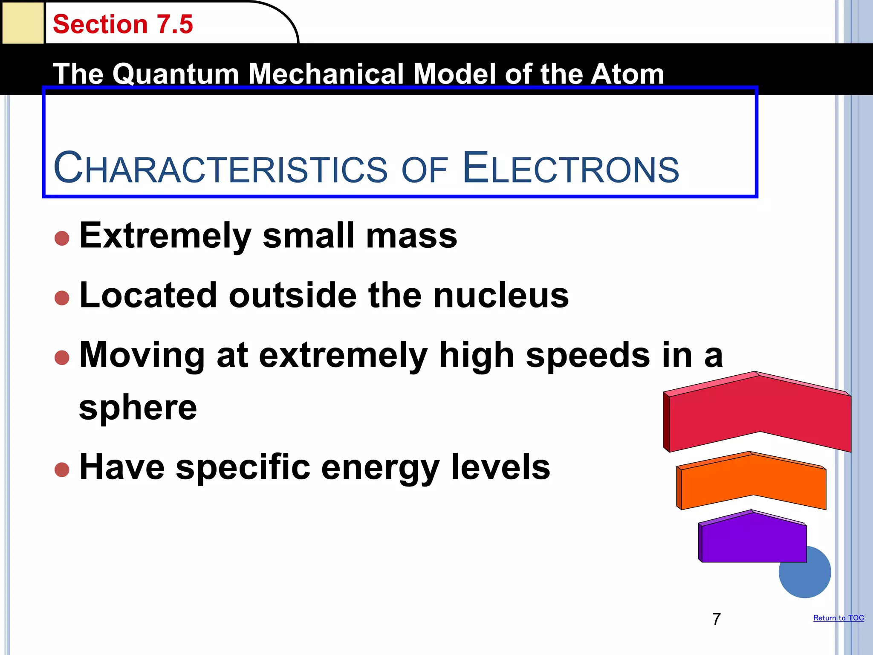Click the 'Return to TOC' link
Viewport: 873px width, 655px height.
pyautogui.click(x=838, y=618)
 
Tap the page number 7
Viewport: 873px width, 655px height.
pyautogui.click(x=716, y=619)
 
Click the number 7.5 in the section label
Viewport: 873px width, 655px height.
pyautogui.click(x=175, y=24)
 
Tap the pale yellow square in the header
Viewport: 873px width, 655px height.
pyautogui.click(x=23, y=23)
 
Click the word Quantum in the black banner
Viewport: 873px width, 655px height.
pyautogui.click(x=175, y=74)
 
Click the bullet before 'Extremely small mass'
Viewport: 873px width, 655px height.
pyautogui.click(x=62, y=238)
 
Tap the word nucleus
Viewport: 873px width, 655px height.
pyautogui.click(x=501, y=295)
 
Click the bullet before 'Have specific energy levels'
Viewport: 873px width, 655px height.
pyautogui.click(x=62, y=470)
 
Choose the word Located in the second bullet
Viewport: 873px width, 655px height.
pyautogui.click(x=148, y=295)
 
